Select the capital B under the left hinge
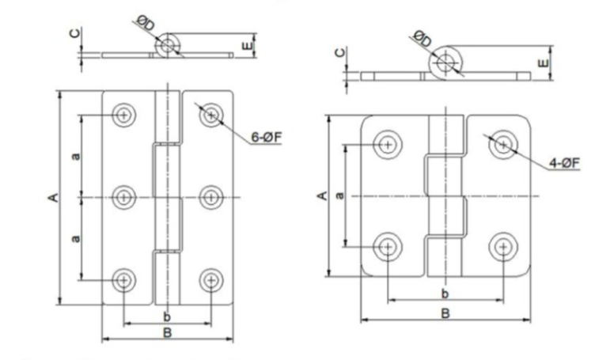pyautogui.click(x=168, y=332)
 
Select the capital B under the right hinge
pyautogui.click(x=445, y=313)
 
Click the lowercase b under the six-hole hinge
pyautogui.click(x=167, y=316)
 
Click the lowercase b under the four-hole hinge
pyautogui.click(x=445, y=294)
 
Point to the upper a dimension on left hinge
pyautogui.click(x=75, y=156)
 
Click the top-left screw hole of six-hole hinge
pyautogui.click(x=123, y=115)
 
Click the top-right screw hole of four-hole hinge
pyautogui.click(x=503, y=144)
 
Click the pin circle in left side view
pyautogui.click(x=166, y=46)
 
